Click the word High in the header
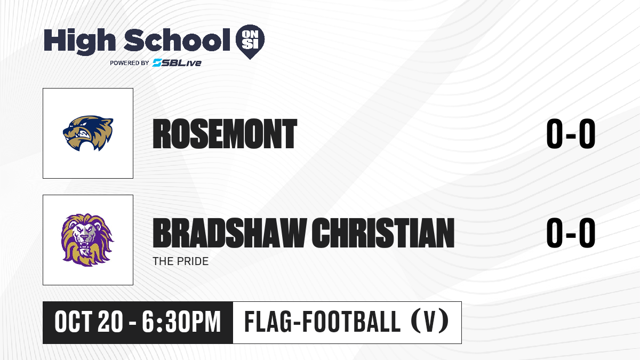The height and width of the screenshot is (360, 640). point(79,42)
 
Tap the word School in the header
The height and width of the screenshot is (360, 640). point(177,40)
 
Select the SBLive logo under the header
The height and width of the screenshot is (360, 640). point(177,63)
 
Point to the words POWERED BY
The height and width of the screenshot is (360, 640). point(130,63)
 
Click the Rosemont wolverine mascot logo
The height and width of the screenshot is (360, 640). point(88,133)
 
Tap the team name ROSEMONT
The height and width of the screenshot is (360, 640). point(225,134)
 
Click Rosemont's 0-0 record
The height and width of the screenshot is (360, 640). point(571,134)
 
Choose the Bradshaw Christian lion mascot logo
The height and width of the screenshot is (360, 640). point(87,240)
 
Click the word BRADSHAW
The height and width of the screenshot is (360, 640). point(230,233)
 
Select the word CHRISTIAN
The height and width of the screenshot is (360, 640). point(383,233)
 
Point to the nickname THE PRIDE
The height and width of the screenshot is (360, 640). point(181,261)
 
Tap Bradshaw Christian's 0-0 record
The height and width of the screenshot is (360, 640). point(571,233)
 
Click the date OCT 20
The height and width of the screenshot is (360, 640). point(89,322)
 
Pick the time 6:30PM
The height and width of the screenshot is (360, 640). point(182,322)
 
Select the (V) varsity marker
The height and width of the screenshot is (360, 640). point(430,322)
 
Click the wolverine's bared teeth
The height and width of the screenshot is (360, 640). point(85,134)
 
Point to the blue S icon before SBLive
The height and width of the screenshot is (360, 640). point(157,63)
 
